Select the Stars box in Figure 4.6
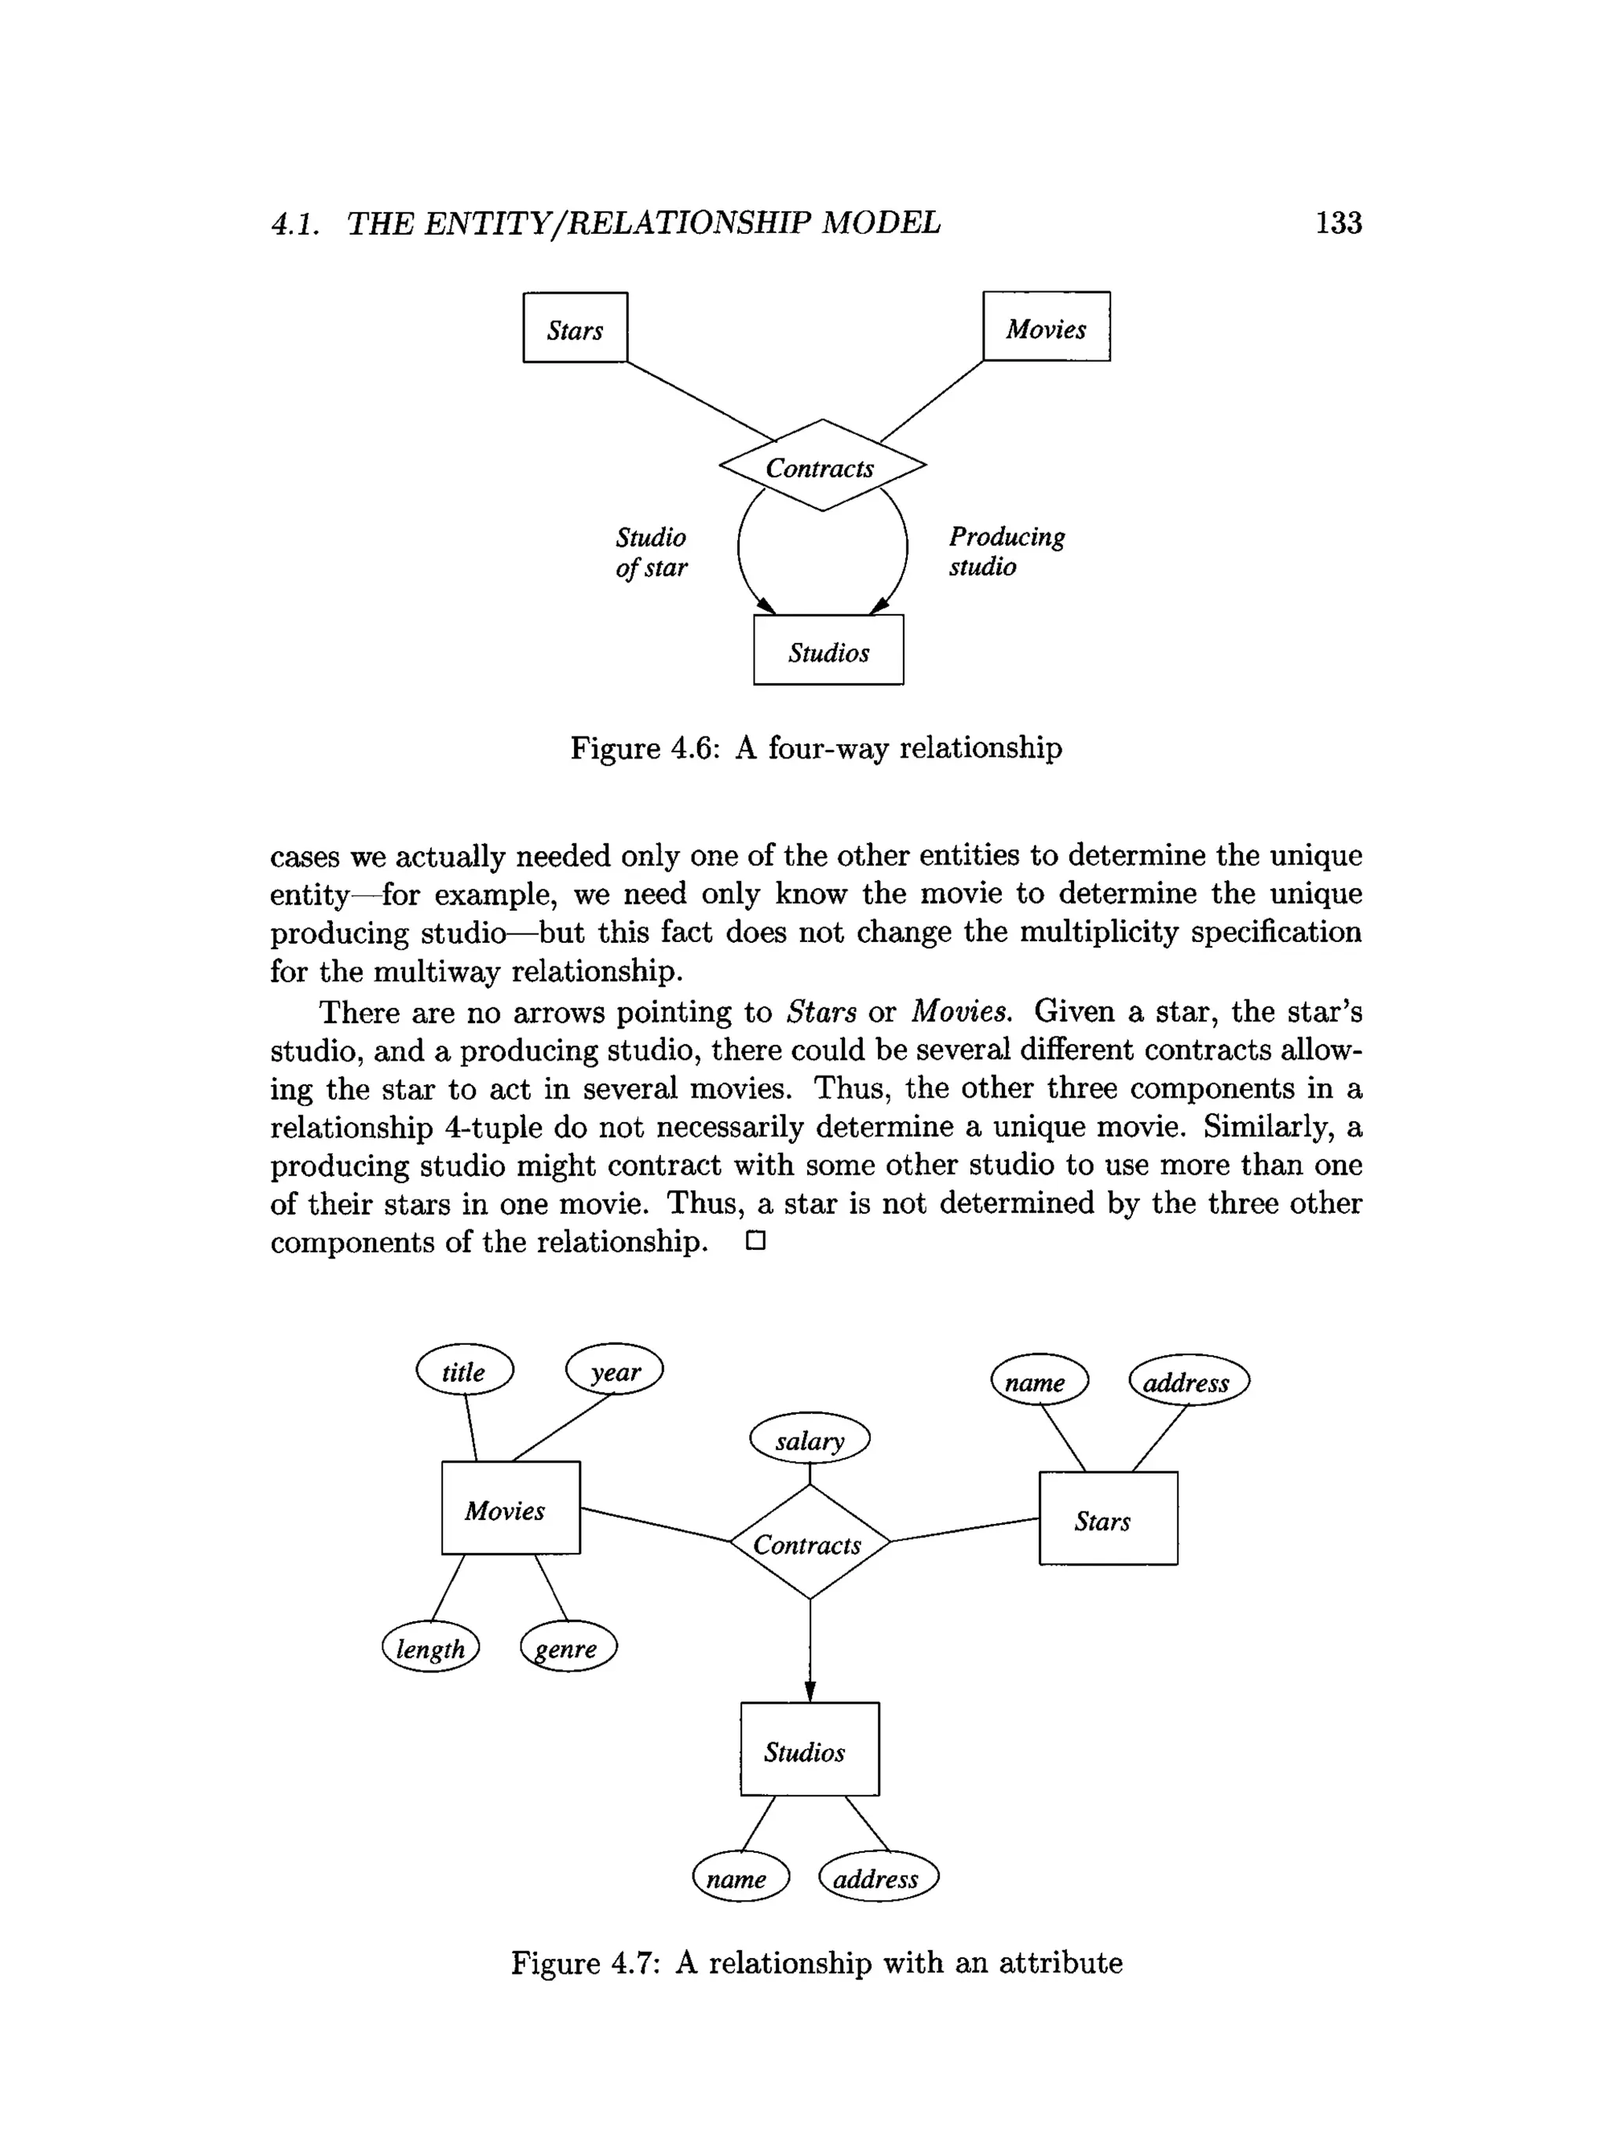(575, 328)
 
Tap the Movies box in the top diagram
(1046, 327)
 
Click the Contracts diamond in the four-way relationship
(821, 466)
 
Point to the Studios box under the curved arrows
(828, 651)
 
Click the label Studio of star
(652, 552)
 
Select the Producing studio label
(1007, 551)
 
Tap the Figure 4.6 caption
(816, 748)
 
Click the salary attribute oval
(809, 1438)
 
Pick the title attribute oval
(464, 1370)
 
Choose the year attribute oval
(614, 1370)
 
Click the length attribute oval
(430, 1648)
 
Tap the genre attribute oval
(568, 1648)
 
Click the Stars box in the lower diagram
(1107, 1518)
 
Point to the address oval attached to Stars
(1188, 1381)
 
